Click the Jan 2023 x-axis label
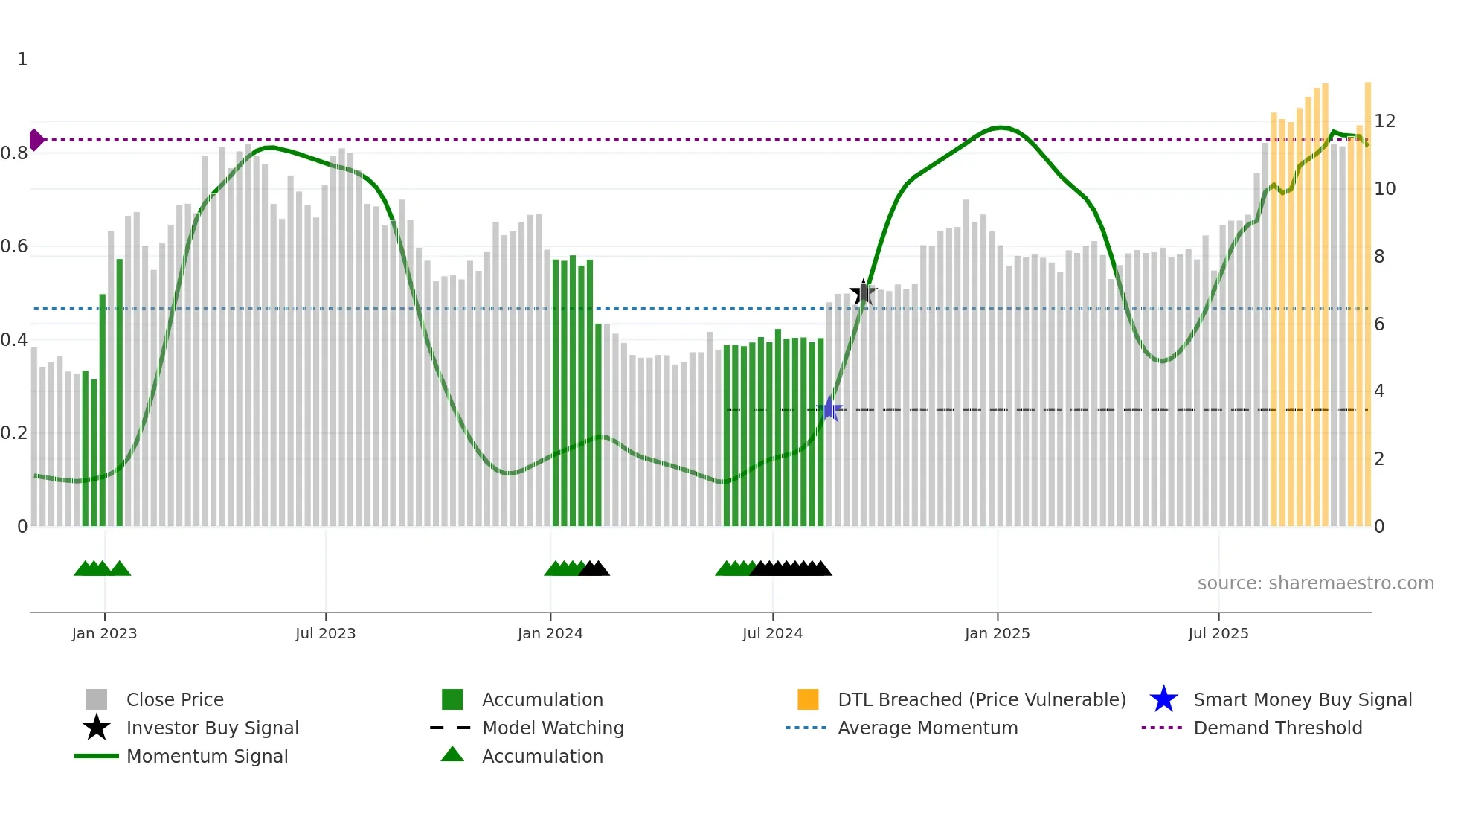(x=104, y=633)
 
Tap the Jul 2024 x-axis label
(x=772, y=633)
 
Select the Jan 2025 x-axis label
(x=997, y=633)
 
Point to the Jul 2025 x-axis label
(x=1218, y=633)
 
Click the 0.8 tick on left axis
(x=14, y=153)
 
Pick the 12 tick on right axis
(x=1384, y=121)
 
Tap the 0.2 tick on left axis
(x=14, y=433)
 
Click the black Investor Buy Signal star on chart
(x=863, y=292)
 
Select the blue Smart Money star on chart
(x=829, y=409)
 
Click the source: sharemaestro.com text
(x=1315, y=583)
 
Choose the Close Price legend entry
(x=175, y=699)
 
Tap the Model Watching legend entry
(x=553, y=728)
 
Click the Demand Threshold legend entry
(x=1277, y=728)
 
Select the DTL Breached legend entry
(x=981, y=699)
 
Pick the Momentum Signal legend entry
(x=207, y=756)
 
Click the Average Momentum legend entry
(x=927, y=728)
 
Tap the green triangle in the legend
(x=452, y=755)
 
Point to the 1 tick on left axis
(x=22, y=60)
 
